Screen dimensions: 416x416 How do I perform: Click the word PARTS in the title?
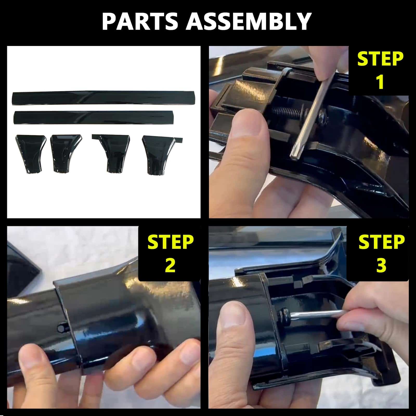[140, 21]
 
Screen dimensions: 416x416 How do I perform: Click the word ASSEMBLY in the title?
[249, 21]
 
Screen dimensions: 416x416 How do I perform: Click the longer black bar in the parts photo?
[103, 97]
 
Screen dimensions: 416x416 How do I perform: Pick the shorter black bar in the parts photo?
[94, 118]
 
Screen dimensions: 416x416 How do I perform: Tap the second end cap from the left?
[66, 153]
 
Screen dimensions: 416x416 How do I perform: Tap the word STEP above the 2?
[171, 242]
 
